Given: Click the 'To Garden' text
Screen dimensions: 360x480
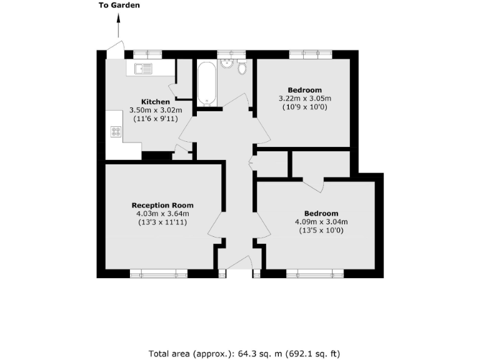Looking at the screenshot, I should (x=119, y=6).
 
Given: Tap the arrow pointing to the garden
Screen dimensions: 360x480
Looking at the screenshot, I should (x=119, y=27).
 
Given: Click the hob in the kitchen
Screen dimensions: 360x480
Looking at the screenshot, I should (x=116, y=131).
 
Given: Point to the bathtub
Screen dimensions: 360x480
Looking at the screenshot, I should (x=206, y=83).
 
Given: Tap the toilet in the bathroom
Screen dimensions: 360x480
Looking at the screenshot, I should (x=242, y=67).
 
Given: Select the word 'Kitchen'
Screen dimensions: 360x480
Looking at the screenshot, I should (x=155, y=102).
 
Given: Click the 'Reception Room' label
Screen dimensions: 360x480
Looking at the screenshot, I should (x=162, y=205).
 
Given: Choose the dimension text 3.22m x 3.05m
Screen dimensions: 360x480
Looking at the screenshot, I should (x=304, y=98).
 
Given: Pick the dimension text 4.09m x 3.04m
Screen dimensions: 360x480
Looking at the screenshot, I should (x=321, y=221).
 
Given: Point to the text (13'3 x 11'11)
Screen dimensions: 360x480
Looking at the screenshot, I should (x=162, y=222).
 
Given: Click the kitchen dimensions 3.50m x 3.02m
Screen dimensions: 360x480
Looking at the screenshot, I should (x=155, y=110).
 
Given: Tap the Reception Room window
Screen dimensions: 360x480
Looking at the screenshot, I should (x=159, y=273).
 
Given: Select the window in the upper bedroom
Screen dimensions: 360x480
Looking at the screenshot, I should (x=304, y=54).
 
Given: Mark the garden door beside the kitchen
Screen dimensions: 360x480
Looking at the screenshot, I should (x=116, y=49).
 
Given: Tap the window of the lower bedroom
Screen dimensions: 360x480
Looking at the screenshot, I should (x=315, y=273).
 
